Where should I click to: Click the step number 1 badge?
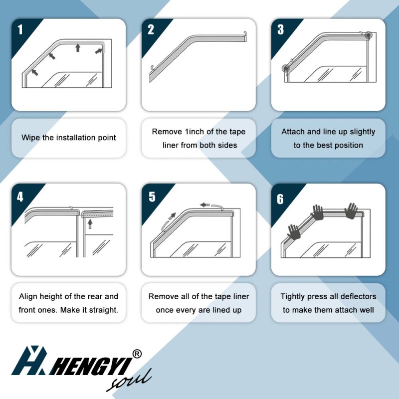click(x=20, y=29)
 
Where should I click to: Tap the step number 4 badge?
click(x=20, y=197)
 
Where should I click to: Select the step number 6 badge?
click(x=280, y=199)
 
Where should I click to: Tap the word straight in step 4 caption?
click(x=103, y=310)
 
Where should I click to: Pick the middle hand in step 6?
click(x=318, y=212)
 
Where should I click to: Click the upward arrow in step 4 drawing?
click(x=90, y=224)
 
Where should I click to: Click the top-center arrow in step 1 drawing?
click(x=77, y=47)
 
